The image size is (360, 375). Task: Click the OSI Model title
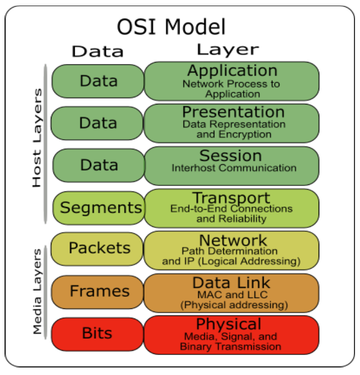pos(171,27)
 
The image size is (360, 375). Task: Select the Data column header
pos(98,51)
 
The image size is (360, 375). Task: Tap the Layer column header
pos(228,50)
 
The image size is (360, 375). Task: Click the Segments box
pos(98,208)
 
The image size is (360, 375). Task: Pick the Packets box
pos(97,248)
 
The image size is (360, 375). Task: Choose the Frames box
pos(97,292)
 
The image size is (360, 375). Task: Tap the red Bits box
pos(97,334)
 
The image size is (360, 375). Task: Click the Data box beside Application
pos(98,81)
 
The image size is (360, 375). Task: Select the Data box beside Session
pos(98,165)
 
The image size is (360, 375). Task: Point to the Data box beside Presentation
pos(97,123)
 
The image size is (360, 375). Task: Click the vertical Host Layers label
pos(37,138)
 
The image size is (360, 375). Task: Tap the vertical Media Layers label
pos(37,291)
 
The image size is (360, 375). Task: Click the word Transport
pos(231,198)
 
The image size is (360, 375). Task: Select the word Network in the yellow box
pos(233,240)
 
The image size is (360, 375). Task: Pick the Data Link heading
pos(231,283)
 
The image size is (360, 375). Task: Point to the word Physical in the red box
pos(229,324)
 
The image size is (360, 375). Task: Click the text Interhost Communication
pos(234,168)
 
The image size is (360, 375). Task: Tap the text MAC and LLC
pos(232,295)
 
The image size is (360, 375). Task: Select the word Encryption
pos(245,135)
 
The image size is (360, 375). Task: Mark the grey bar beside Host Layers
pos(45,144)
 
